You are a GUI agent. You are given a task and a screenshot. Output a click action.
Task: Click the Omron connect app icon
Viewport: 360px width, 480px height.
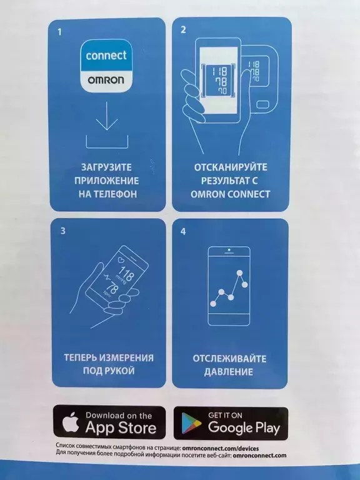106,66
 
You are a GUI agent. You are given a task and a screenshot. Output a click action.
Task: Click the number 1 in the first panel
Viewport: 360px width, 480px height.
60,31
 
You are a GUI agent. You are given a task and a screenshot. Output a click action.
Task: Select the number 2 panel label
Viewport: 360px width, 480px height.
183,30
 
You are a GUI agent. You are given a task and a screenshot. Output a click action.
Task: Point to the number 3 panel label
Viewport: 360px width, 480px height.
62,231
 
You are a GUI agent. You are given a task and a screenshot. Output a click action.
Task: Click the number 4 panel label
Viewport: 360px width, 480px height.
183,231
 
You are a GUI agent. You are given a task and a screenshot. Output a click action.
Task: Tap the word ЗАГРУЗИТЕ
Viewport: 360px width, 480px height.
106,167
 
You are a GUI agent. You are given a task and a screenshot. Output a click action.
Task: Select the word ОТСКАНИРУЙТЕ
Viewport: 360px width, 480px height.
231,167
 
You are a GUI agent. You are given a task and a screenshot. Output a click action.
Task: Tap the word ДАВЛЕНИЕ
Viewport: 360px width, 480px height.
229,372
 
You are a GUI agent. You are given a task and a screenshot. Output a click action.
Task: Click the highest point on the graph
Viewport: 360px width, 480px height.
240,272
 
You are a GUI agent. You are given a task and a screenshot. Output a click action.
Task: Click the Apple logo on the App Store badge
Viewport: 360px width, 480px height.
71,422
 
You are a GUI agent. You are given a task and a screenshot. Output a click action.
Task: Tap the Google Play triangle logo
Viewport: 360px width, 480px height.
191,423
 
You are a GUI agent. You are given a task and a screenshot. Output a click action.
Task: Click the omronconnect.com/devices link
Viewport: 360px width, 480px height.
220,449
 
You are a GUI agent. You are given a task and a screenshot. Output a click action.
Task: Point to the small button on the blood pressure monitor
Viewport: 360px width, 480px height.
262,105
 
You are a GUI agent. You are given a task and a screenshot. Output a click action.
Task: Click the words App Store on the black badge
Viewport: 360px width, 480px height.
121,428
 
